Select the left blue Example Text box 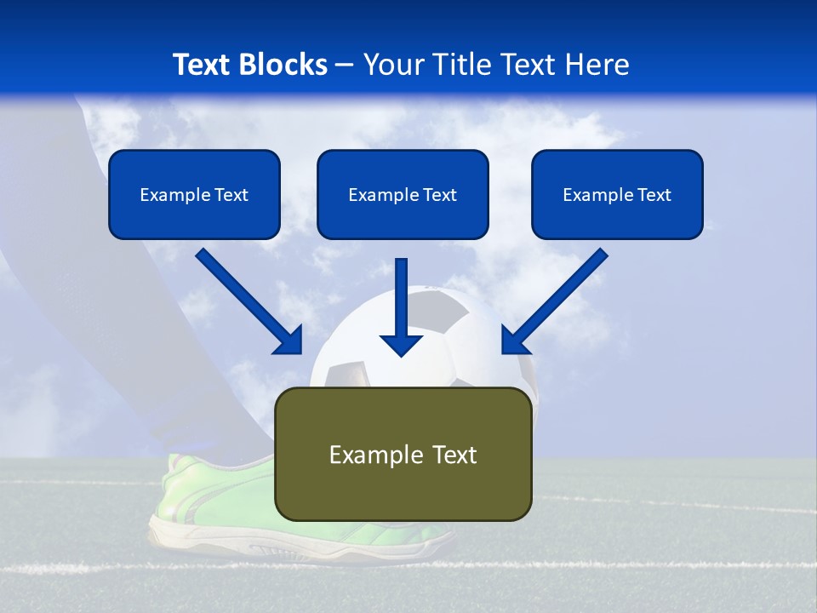(x=194, y=195)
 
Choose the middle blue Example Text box (x=403, y=195)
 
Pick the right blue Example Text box (x=617, y=195)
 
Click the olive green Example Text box (x=403, y=455)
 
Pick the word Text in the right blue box (x=654, y=195)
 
